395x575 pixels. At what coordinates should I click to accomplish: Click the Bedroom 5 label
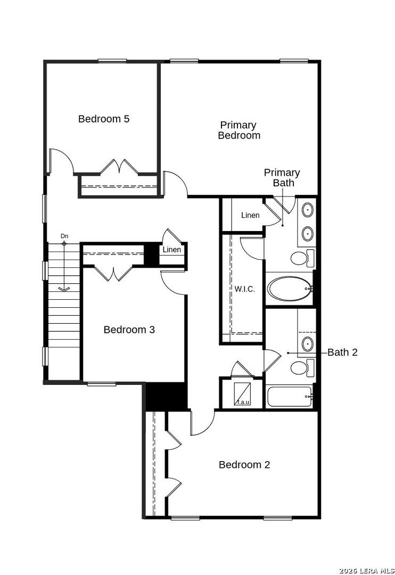point(104,119)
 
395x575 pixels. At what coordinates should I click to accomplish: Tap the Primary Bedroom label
point(239,130)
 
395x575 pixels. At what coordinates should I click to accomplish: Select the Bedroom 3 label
point(129,330)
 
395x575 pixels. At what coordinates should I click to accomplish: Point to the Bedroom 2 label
point(244,465)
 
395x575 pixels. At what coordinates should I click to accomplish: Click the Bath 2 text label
point(342,352)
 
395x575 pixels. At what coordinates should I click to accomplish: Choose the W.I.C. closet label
point(245,289)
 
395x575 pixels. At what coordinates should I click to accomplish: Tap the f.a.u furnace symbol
point(243,394)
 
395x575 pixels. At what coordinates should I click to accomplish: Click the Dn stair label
point(64,236)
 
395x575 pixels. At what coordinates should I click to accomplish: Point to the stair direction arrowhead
point(64,290)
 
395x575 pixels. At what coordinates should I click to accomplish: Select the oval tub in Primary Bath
point(290,289)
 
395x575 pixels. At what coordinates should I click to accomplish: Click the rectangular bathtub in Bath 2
point(290,396)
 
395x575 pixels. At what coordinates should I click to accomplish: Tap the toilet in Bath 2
point(302,368)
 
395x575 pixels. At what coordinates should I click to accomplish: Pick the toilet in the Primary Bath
point(302,258)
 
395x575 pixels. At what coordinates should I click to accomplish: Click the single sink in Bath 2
point(307,344)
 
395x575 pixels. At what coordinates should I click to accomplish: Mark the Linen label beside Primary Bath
point(251,215)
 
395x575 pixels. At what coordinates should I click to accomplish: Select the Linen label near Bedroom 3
point(171,250)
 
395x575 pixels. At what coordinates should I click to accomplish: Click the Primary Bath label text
point(282,177)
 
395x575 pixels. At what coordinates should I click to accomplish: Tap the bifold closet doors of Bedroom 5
point(119,167)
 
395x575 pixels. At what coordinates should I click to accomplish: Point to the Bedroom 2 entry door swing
point(202,423)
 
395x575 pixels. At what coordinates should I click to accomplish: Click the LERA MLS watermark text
point(367,571)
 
